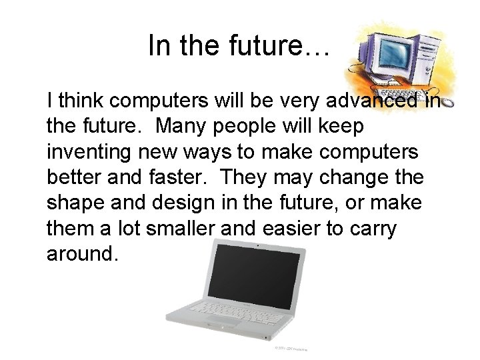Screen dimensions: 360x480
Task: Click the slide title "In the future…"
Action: (x=239, y=46)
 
